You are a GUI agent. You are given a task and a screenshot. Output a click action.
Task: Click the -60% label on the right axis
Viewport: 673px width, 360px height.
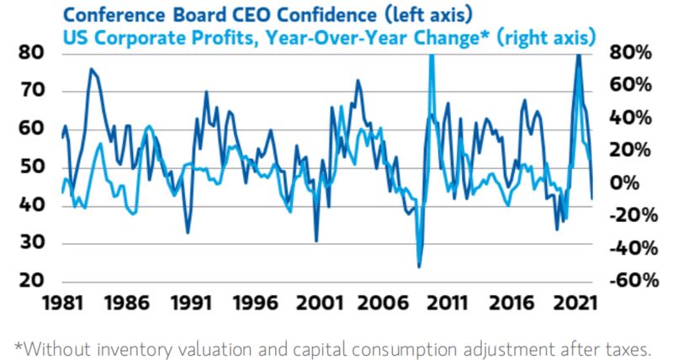(627, 282)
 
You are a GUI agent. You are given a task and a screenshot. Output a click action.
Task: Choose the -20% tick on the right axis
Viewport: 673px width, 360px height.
(627, 215)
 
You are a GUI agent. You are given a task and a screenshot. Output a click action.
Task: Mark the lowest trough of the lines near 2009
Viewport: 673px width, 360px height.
(419, 267)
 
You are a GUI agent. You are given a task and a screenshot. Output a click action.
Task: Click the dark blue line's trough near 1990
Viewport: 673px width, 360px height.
(188, 233)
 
